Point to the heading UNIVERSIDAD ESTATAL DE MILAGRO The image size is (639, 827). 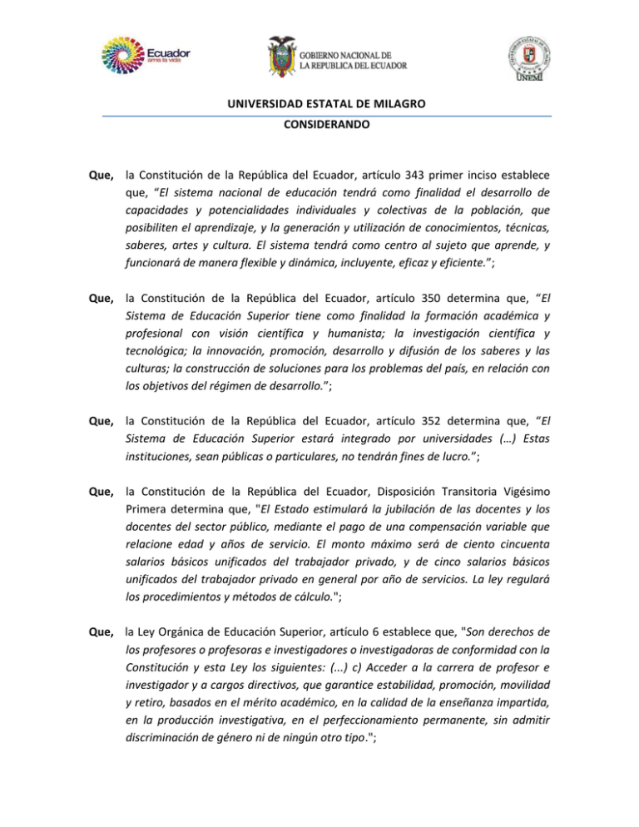(x=319, y=104)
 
